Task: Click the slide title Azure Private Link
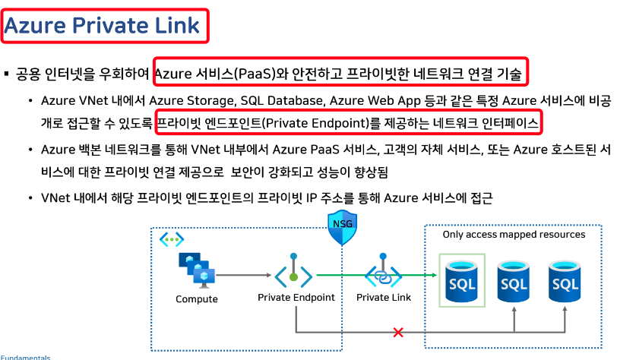(103, 26)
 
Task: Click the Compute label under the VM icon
(197, 298)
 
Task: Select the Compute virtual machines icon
(197, 267)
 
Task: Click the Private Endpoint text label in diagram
(296, 297)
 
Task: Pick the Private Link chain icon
(384, 273)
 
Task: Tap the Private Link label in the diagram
(384, 297)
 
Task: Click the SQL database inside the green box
(462, 280)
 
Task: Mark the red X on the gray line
(397, 333)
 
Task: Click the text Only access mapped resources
(514, 235)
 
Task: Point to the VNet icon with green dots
(171, 240)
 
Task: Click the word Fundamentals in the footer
(25, 357)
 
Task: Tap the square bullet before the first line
(6, 74)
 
